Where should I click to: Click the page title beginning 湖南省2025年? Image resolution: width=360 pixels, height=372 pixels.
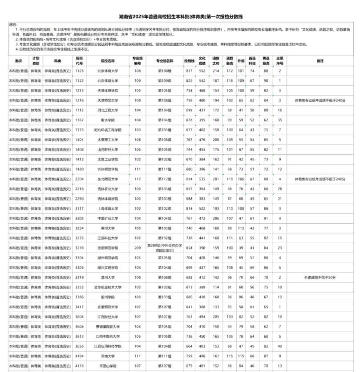pos(180,17)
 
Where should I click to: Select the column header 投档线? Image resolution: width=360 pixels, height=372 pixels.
pos(189,61)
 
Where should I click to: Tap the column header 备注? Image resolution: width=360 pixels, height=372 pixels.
pos(320,61)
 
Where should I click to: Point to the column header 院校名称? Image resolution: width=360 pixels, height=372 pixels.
pos(108,61)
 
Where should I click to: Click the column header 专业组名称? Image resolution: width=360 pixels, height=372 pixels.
pos(165,61)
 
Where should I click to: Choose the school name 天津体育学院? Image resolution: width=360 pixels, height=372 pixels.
pos(108,91)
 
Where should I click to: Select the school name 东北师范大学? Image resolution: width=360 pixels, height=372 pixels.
pos(108,179)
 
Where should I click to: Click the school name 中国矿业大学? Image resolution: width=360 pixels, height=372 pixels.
pos(108,218)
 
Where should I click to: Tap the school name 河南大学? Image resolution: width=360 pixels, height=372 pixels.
pos(108,356)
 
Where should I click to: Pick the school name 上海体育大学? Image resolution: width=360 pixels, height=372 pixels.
pos(108,208)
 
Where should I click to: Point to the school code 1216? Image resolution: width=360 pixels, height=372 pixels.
pos(79,100)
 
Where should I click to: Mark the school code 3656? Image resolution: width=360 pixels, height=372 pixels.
pos(79,346)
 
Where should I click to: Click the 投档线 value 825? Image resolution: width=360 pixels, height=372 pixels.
pos(189,81)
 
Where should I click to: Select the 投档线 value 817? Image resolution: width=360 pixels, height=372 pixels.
pos(189,71)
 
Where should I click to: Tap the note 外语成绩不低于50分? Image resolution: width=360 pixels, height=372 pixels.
pos(320,277)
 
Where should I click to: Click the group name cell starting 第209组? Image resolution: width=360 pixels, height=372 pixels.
pos(165,248)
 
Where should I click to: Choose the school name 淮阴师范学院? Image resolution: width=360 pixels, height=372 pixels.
pos(108,248)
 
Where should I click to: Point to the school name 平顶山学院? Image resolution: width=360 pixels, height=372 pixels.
pos(108,366)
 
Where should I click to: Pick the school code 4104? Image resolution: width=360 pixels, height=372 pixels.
pos(79,356)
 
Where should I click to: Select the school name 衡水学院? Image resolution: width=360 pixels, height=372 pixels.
pos(108,120)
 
